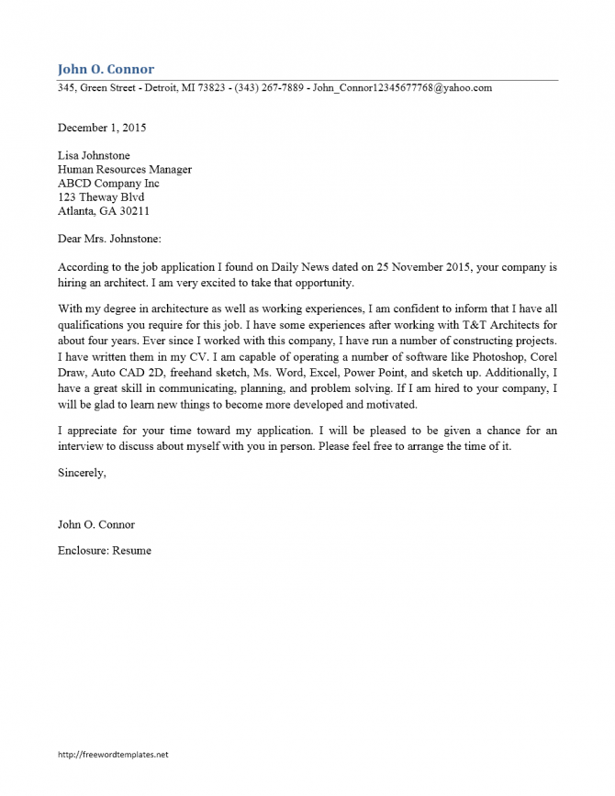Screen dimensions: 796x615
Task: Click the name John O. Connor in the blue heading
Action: pos(106,69)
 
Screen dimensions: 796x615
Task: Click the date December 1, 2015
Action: pos(101,128)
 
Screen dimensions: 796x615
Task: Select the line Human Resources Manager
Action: pos(124,170)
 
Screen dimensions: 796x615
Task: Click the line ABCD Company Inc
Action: pos(108,184)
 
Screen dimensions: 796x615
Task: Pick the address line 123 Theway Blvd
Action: pos(101,196)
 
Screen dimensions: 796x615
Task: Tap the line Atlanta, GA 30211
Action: pos(103,210)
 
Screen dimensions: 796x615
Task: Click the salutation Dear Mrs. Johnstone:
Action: pos(108,239)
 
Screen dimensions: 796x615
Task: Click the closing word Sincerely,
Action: pos(82,473)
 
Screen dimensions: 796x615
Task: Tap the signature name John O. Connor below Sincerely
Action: pos(95,524)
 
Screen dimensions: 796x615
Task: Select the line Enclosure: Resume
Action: pos(104,550)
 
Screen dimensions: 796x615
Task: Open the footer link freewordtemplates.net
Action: pos(113,754)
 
